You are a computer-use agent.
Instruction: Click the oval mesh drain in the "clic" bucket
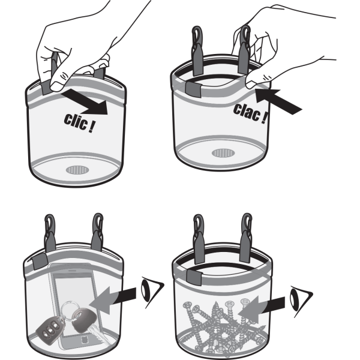[x=76, y=170]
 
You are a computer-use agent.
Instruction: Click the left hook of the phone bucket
[x=49, y=231]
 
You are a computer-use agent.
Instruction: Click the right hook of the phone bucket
[x=95, y=230]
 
